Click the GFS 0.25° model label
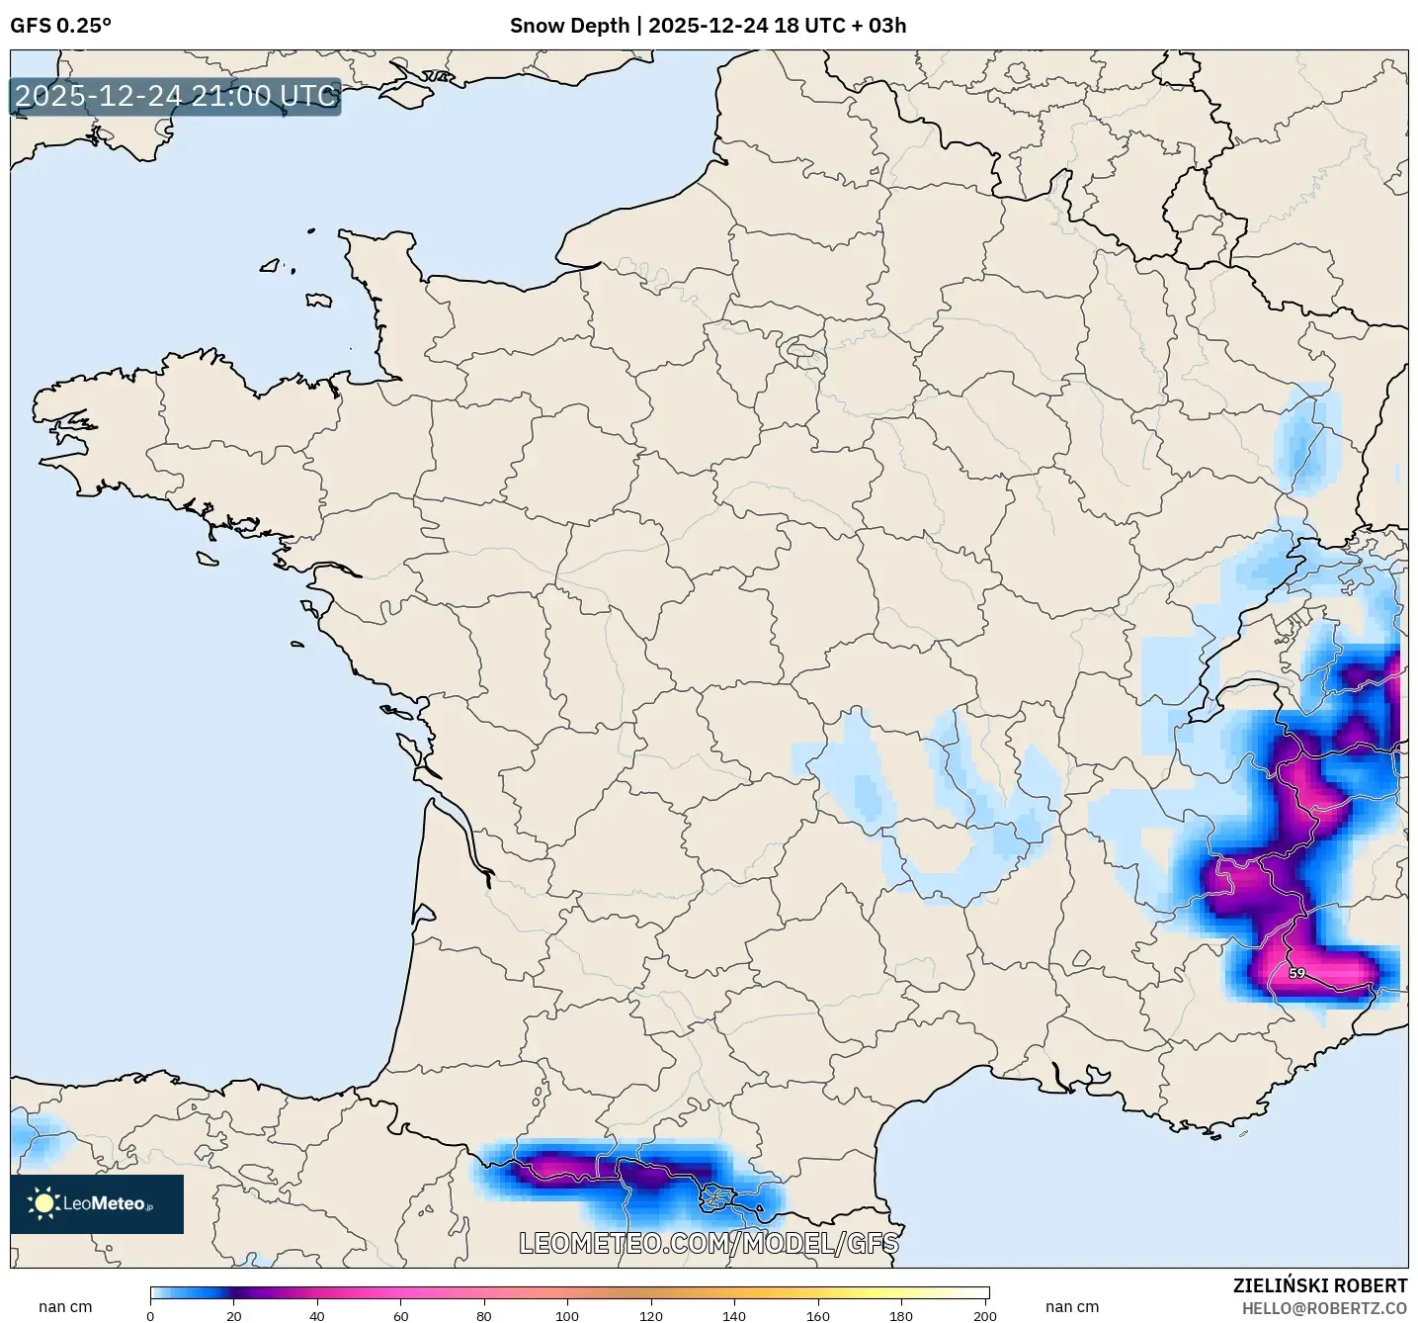[x=60, y=26]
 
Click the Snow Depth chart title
[x=708, y=26]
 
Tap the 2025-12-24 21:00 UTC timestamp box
[x=176, y=96]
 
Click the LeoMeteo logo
[x=97, y=1203]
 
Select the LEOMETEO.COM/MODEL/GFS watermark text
[x=709, y=1243]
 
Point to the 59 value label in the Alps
[x=1296, y=973]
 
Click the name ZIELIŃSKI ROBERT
[x=1320, y=1285]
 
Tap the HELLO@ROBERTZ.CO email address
[x=1324, y=1308]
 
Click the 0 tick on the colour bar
[x=150, y=1315]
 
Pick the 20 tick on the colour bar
[x=234, y=1315]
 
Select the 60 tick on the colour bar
[x=401, y=1315]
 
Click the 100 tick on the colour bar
[x=567, y=1315]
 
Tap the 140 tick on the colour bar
[x=734, y=1315]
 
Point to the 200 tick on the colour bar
[x=984, y=1315]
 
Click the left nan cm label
[x=65, y=1307]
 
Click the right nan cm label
[x=1072, y=1307]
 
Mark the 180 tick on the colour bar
[x=901, y=1315]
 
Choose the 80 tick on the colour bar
[x=484, y=1315]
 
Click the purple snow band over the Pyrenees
[x=613, y=1173]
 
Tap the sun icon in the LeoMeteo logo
[x=43, y=1202]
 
